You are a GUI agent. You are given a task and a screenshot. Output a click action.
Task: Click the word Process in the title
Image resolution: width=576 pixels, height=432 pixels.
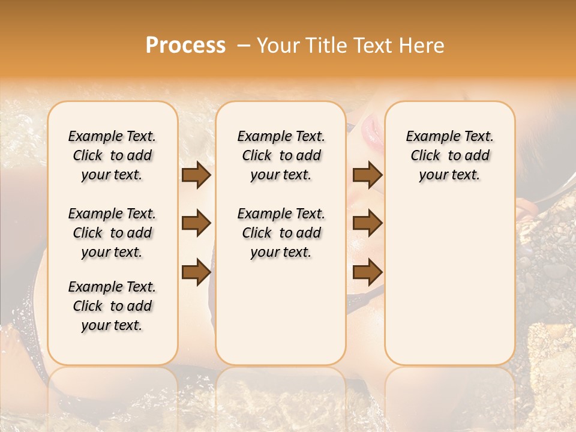click(185, 46)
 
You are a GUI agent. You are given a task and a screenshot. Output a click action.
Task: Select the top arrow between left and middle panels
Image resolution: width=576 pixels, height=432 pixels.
click(196, 175)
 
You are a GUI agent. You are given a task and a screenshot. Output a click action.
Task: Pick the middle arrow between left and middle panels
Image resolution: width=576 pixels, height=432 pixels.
click(196, 223)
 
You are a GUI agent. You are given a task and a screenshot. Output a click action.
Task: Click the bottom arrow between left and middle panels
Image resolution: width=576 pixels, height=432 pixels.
click(196, 271)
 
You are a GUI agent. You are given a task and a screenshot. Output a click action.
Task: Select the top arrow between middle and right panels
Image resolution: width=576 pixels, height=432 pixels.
click(367, 175)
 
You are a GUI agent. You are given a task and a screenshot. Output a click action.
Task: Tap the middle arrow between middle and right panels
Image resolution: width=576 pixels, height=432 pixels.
click(367, 223)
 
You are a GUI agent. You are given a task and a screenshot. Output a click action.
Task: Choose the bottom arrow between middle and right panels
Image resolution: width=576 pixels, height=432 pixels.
click(367, 271)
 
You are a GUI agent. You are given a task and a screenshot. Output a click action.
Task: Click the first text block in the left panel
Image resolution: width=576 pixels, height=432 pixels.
click(112, 155)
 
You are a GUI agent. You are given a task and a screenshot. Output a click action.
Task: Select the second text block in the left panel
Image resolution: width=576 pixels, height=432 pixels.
click(112, 233)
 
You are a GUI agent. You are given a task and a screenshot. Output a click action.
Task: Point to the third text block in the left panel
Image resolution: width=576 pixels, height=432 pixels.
click(112, 306)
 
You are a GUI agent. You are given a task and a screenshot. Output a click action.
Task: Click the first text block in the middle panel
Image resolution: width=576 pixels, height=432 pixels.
click(281, 155)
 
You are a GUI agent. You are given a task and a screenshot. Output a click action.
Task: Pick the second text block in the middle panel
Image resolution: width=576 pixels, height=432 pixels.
click(281, 233)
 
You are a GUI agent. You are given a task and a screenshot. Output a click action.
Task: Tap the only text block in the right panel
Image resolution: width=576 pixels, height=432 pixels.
click(449, 155)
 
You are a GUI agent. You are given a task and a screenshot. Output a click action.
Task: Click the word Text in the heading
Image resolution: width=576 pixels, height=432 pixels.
click(375, 46)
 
